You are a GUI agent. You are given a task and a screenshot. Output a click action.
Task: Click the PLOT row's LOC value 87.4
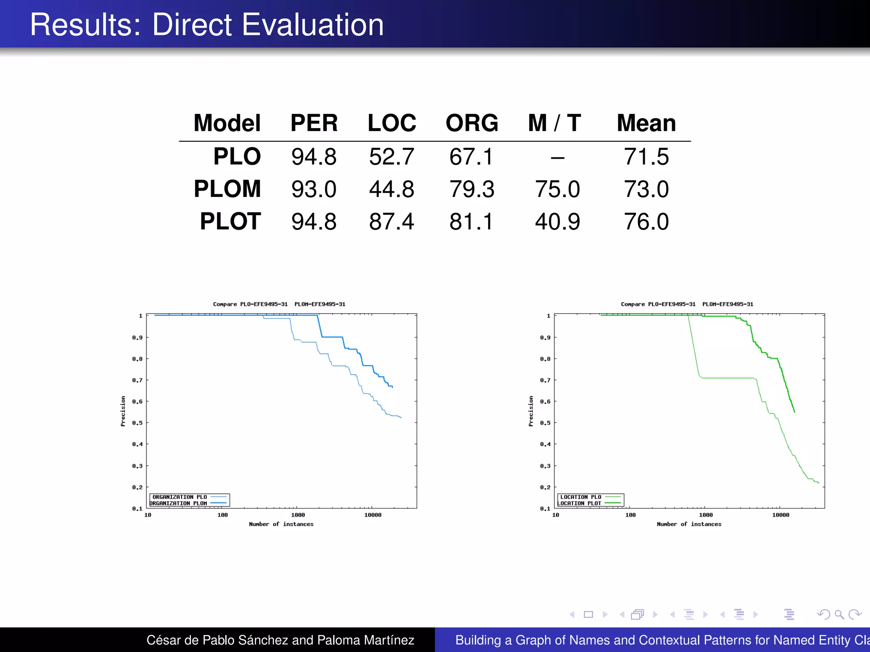(x=391, y=222)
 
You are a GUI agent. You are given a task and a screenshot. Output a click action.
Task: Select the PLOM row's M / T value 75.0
(x=557, y=189)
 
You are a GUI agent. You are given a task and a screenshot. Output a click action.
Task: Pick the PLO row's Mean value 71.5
(x=646, y=156)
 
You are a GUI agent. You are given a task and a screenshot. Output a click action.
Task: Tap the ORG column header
(x=472, y=123)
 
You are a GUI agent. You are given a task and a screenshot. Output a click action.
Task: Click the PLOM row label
(x=227, y=189)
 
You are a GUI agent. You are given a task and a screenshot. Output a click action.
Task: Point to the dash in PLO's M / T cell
(x=557, y=158)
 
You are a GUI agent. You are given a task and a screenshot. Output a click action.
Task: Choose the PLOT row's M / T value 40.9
(x=557, y=222)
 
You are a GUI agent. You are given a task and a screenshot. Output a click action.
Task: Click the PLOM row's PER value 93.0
(x=314, y=189)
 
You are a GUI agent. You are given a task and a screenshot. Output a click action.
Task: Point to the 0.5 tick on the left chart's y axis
(x=137, y=423)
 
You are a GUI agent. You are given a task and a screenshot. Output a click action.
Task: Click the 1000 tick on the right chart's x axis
(x=706, y=515)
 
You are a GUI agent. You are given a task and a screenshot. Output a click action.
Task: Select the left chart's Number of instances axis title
(x=281, y=524)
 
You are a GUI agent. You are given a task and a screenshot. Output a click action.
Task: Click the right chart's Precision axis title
(x=531, y=411)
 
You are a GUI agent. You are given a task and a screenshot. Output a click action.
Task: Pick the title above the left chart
(x=279, y=304)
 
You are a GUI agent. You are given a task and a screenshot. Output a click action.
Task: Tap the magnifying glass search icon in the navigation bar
(x=839, y=614)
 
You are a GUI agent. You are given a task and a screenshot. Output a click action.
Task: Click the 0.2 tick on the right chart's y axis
(x=545, y=487)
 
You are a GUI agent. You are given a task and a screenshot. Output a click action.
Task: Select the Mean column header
(x=646, y=123)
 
